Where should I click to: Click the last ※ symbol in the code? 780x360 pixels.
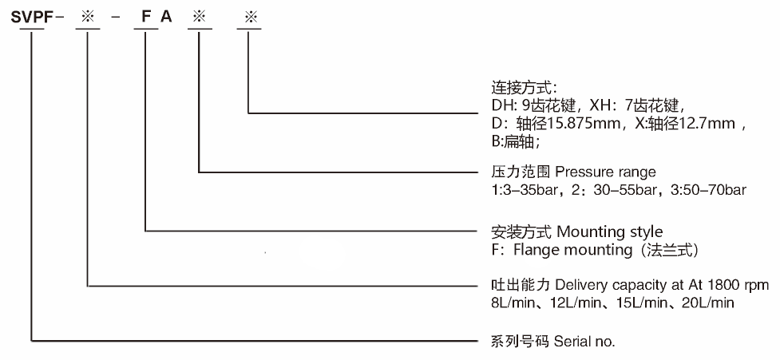coord(247,17)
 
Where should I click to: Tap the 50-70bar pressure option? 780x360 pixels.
coord(717,190)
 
